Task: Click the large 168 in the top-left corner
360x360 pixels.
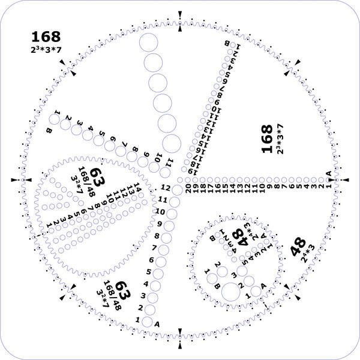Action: pos(45,37)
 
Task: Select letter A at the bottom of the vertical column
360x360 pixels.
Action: pos(157,323)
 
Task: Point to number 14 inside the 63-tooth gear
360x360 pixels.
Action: pos(137,186)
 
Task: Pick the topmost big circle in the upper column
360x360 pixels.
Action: pos(148,42)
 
